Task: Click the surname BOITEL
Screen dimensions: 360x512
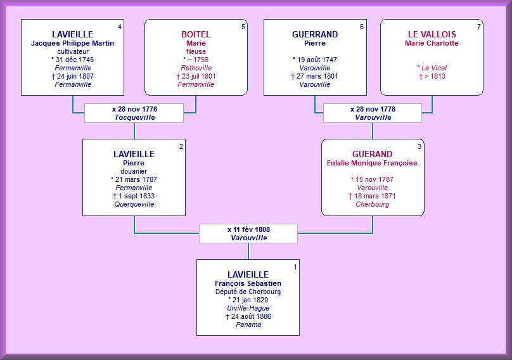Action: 196,34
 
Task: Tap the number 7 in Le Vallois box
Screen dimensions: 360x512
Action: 479,27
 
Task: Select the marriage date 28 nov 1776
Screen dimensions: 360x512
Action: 134,109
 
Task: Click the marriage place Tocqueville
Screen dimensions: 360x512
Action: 134,117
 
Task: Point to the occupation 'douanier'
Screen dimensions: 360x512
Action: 134,171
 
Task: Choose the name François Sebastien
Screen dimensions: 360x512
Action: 248,283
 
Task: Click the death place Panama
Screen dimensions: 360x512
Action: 248,325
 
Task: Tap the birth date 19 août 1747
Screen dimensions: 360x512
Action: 314,60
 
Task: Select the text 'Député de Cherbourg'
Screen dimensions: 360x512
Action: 248,292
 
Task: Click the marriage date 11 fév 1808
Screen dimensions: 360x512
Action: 248,229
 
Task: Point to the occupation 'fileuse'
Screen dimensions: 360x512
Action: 196,51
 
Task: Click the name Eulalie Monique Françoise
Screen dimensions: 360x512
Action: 372,163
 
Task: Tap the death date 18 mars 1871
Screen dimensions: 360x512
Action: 372,196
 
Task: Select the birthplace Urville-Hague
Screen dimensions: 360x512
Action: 248,308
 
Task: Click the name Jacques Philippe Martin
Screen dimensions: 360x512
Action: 72,43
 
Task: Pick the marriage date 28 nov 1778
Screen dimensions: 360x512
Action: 373,109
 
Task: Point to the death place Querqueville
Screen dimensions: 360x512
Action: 134,204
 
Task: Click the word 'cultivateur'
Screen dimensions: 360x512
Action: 72,51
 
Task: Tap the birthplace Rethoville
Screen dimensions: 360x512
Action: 196,68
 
